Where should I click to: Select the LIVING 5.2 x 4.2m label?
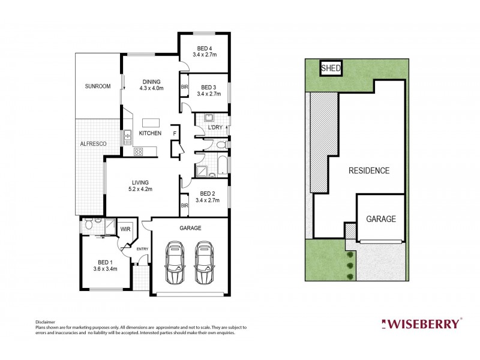140,185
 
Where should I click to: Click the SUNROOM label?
98,86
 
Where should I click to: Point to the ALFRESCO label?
93,144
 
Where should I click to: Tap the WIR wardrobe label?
125,229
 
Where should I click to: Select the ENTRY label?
142,249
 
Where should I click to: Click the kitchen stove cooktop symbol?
138,152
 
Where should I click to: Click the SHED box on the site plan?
331,68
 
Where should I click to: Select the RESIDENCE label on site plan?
369,170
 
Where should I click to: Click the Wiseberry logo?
421,324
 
